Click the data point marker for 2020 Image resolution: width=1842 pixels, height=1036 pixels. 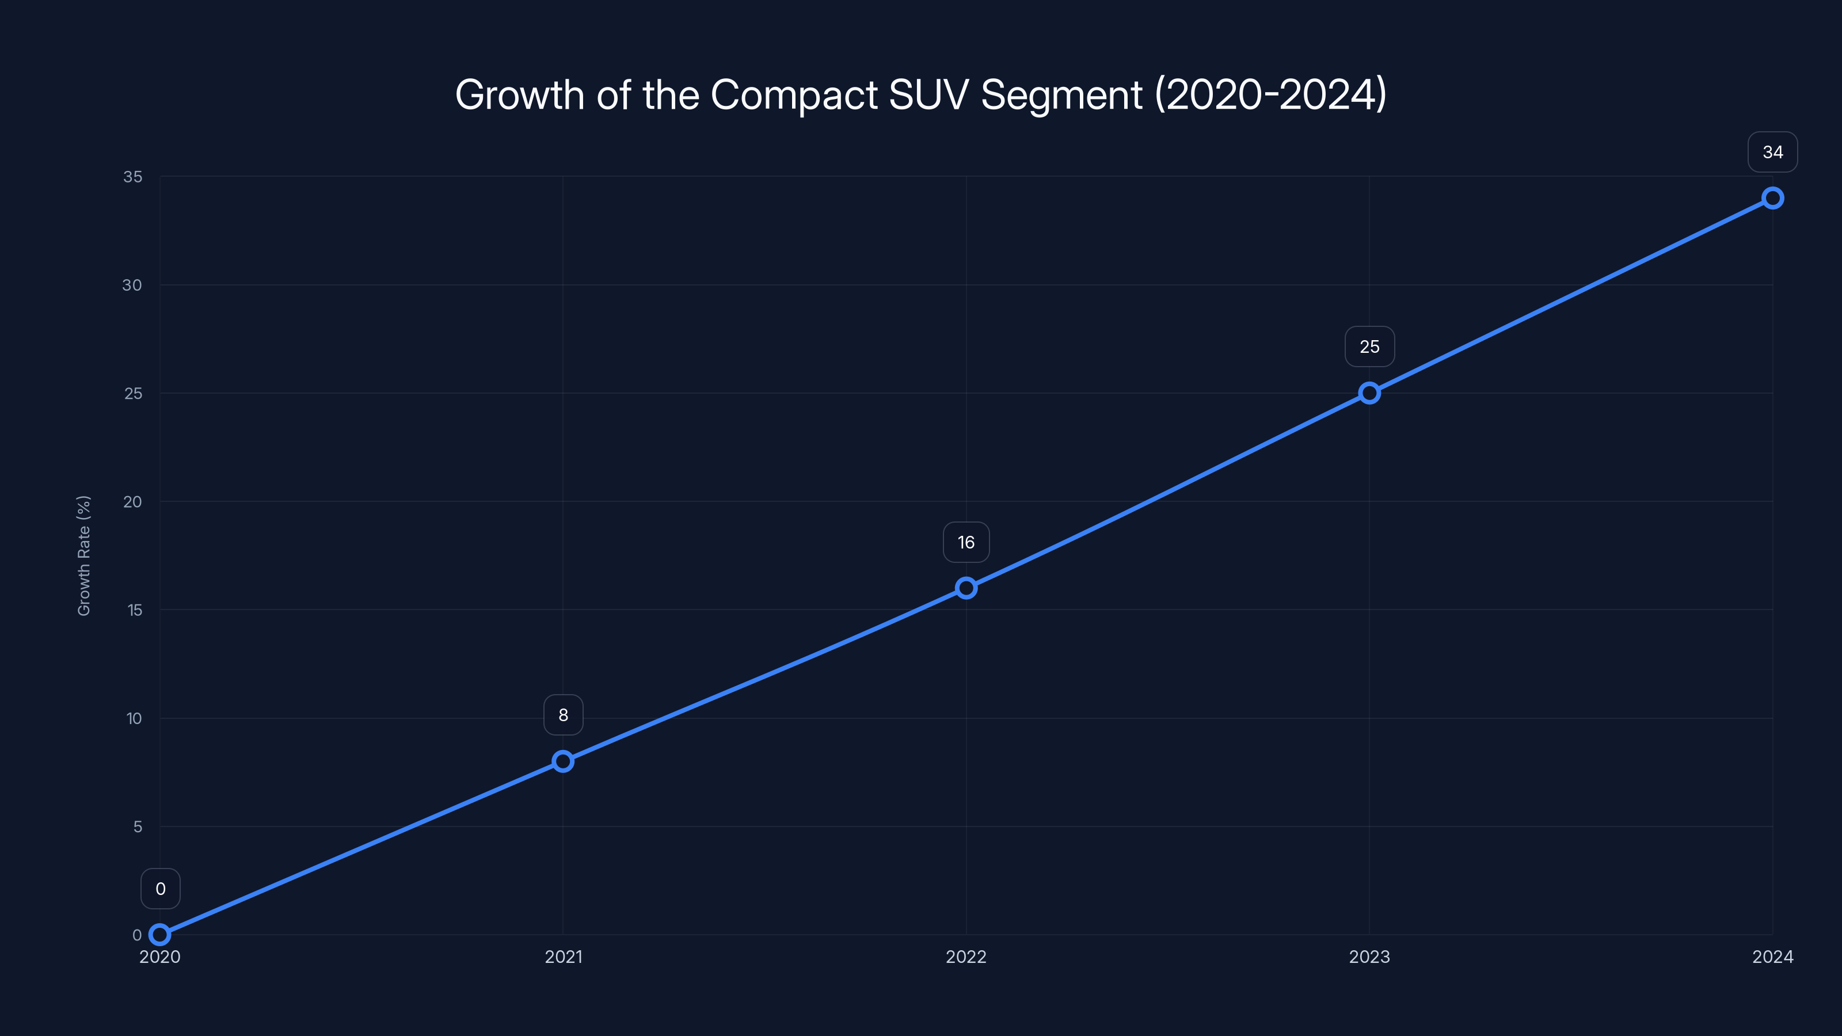(x=159, y=935)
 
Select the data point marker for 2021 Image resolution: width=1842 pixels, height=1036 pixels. (x=563, y=761)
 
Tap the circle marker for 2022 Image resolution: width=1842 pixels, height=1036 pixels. (x=966, y=588)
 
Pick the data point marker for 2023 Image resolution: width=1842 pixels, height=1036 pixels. (x=1369, y=393)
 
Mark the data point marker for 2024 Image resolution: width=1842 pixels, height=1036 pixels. (x=1773, y=198)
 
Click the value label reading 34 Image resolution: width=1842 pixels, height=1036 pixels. (x=1773, y=153)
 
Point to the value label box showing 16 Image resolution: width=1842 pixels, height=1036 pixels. (x=966, y=543)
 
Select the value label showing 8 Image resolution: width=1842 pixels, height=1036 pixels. (x=564, y=715)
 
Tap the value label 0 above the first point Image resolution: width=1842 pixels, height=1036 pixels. (x=160, y=889)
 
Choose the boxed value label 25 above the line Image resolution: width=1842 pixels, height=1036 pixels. (x=1369, y=346)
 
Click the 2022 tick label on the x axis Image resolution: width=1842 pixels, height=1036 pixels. (x=966, y=957)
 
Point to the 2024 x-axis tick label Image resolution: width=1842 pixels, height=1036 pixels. (x=1773, y=957)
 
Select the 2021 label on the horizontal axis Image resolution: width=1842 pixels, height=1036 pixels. (x=564, y=957)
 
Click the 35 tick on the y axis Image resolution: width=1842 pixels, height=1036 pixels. (x=133, y=177)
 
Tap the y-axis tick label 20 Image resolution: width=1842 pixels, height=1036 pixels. (x=133, y=502)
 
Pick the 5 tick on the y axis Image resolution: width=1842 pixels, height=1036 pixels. (x=138, y=827)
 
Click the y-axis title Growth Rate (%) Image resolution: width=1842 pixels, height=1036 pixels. (x=83, y=555)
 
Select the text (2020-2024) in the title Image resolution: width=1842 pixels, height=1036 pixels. (x=1270, y=95)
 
